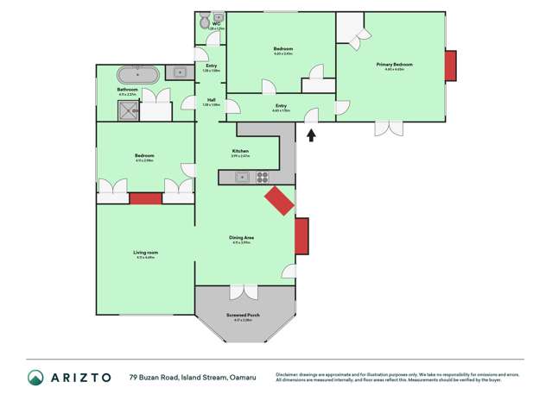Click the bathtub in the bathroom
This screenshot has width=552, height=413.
tap(136, 74)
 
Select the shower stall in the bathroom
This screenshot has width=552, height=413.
tap(129, 110)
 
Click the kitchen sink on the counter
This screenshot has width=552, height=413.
tap(243, 177)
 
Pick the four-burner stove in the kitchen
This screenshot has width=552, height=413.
tap(263, 177)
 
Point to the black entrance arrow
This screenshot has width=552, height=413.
tap(311, 134)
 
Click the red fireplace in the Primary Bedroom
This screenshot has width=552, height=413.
tap(450, 65)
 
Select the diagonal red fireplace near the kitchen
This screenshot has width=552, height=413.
tap(279, 203)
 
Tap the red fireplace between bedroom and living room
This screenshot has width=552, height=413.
tap(145, 198)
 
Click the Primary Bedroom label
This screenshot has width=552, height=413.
tap(394, 65)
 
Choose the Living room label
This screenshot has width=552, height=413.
tap(145, 253)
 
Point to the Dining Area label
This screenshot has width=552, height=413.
tap(241, 238)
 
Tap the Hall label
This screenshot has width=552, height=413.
tap(211, 100)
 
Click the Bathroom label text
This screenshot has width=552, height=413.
tap(128, 89)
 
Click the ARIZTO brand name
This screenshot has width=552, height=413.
tap(80, 378)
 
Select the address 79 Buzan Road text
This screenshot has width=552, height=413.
tap(156, 378)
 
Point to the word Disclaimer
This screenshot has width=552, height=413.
tap(290, 374)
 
